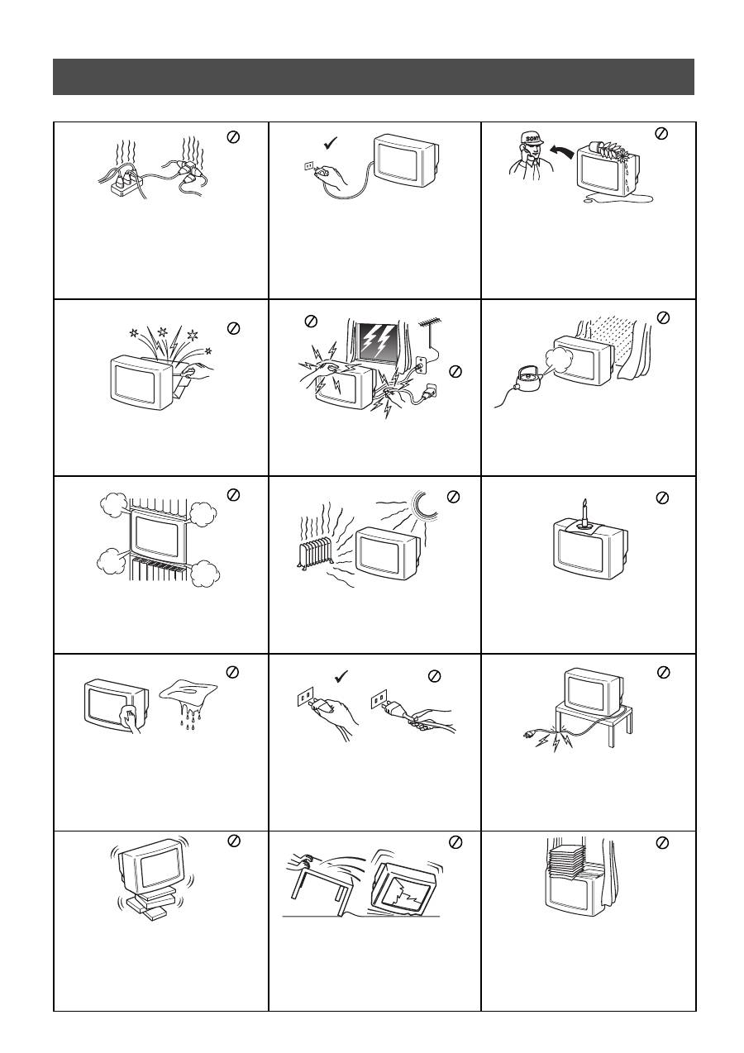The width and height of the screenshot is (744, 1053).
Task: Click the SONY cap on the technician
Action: (532, 138)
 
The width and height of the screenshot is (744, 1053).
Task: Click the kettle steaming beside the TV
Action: (527, 378)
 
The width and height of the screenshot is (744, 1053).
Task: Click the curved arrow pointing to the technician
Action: (562, 153)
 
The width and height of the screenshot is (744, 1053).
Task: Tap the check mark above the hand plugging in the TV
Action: (331, 143)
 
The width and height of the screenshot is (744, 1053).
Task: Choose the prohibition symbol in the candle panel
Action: (661, 498)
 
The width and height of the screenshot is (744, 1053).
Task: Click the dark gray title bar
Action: (374, 77)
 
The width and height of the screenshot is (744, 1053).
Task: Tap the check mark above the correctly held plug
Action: (341, 676)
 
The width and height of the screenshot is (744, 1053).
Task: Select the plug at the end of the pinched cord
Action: (532, 732)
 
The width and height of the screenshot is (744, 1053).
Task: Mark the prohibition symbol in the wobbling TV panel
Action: (234, 841)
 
